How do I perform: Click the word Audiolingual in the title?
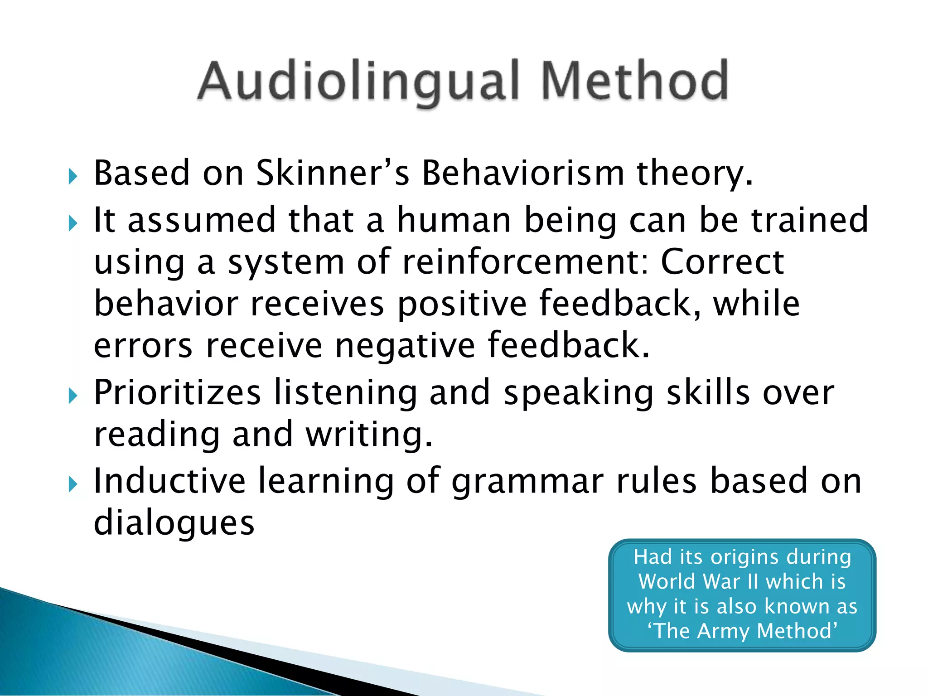pyautogui.click(x=358, y=82)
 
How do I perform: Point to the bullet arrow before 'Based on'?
pyautogui.click(x=72, y=176)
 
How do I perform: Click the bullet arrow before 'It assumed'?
pyautogui.click(x=72, y=222)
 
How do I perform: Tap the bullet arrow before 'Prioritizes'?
pyautogui.click(x=72, y=396)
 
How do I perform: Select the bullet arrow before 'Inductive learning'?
pyautogui.click(x=72, y=484)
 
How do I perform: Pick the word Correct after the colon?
pyautogui.click(x=722, y=261)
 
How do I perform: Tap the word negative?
pyautogui.click(x=405, y=345)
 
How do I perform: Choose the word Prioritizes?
pyautogui.click(x=177, y=392)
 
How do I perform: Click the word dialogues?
pyautogui.click(x=174, y=523)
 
